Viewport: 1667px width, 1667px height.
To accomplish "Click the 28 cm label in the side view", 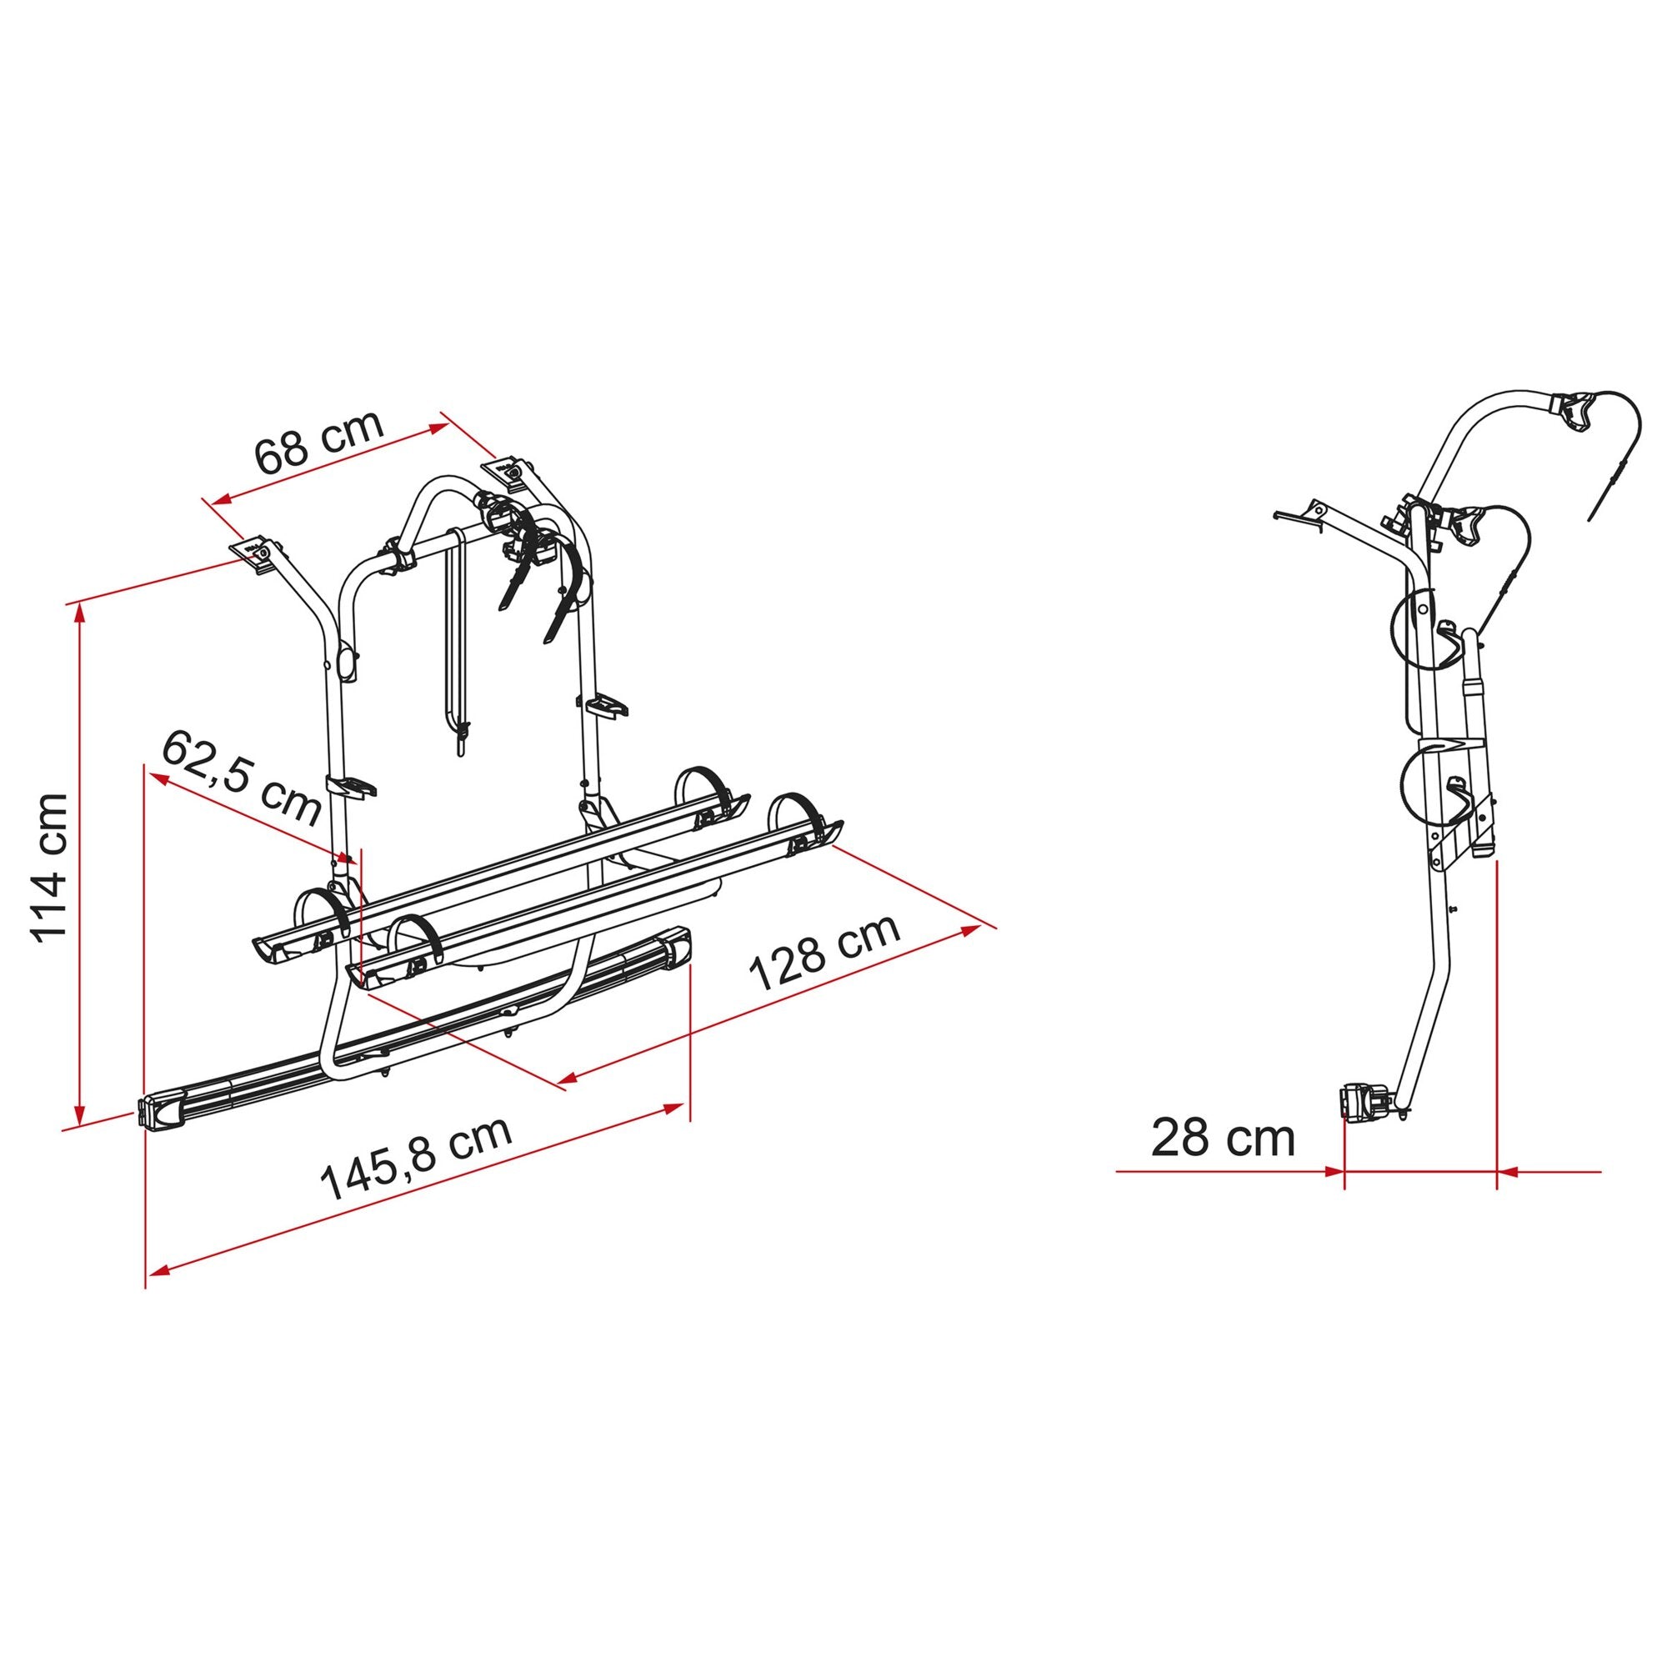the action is click(x=1223, y=1138).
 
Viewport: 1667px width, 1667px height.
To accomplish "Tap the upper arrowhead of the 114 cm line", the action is click(x=80, y=614).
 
